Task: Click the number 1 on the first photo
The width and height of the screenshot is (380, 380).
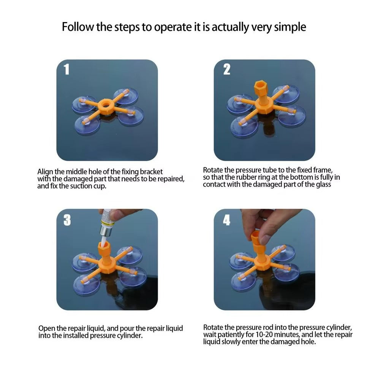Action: (x=66, y=69)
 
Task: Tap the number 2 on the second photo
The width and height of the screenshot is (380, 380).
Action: (x=227, y=69)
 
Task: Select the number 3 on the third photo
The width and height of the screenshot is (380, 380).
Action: (x=67, y=220)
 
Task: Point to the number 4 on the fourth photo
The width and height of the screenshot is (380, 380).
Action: (x=226, y=220)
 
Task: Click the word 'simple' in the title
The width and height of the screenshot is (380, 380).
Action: (x=290, y=27)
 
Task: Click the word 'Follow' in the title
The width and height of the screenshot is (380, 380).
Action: (x=78, y=27)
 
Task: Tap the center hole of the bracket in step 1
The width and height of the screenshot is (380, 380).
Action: (x=106, y=105)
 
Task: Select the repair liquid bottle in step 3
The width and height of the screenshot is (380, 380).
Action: (x=106, y=222)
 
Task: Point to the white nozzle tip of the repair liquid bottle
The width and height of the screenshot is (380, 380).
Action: (x=104, y=241)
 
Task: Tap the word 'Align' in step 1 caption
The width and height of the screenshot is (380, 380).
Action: (x=45, y=172)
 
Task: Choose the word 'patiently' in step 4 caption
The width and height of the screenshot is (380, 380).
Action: (x=232, y=335)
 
